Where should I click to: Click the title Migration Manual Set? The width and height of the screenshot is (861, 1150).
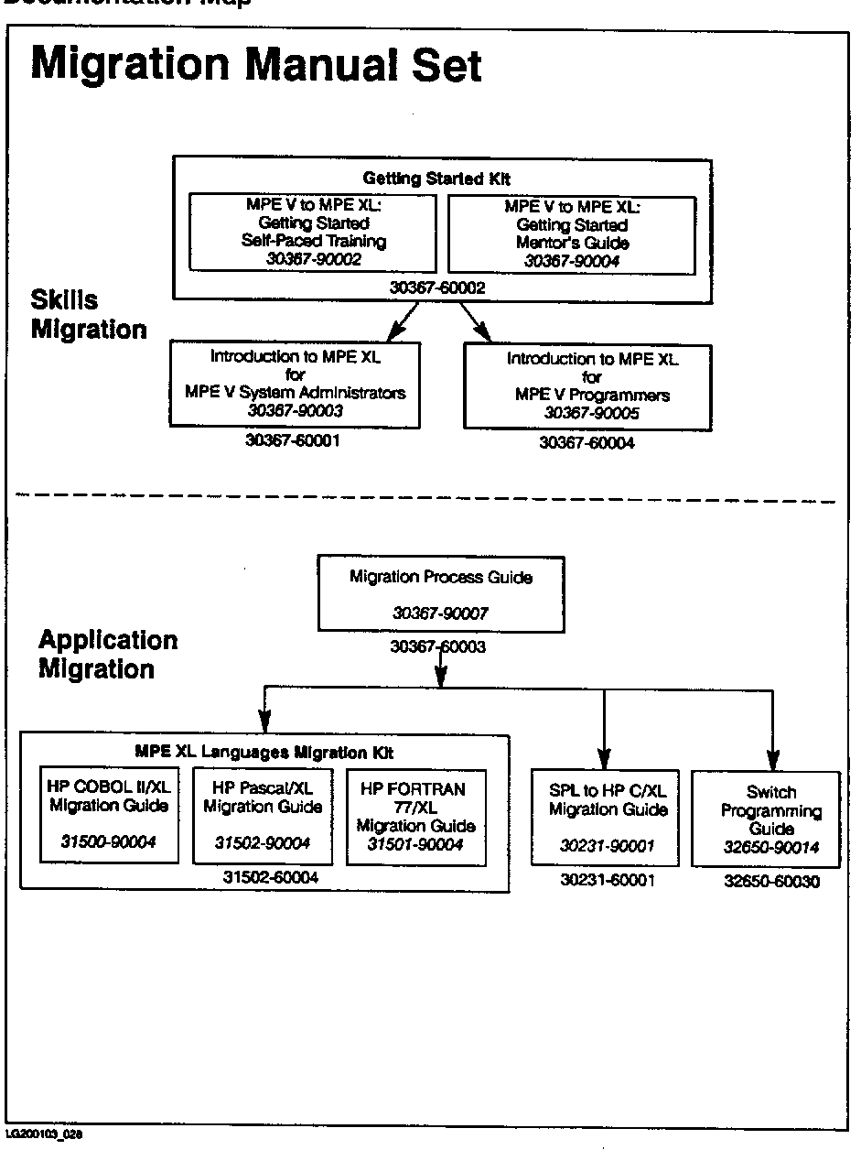[x=256, y=66]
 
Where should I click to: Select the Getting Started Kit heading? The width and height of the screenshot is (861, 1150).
[x=437, y=179]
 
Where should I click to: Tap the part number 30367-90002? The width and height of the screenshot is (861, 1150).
[x=301, y=260]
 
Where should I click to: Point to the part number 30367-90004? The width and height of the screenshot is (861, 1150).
[x=571, y=261]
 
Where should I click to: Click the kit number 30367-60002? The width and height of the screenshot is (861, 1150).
[x=437, y=287]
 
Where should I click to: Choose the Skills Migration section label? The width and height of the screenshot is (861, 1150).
[x=89, y=314]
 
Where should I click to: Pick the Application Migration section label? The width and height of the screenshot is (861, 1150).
[x=107, y=654]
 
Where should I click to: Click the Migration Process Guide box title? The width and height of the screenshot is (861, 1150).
[x=440, y=577]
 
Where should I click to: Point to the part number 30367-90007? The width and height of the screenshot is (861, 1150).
[x=440, y=613]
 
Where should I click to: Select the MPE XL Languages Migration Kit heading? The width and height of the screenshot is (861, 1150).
[x=264, y=753]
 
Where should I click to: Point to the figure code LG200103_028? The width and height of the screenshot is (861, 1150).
[x=44, y=1133]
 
